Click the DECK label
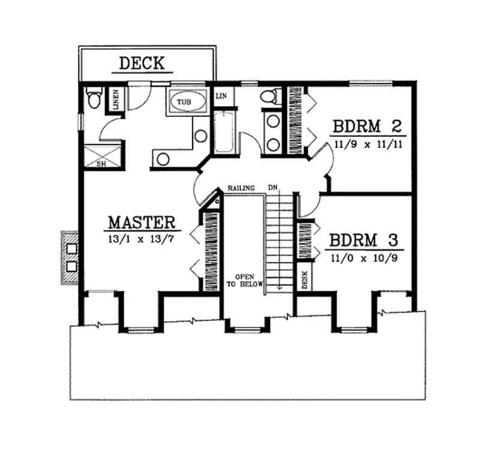(x=142, y=62)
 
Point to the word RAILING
(x=242, y=188)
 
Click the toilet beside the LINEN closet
(x=94, y=98)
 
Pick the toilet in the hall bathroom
(x=269, y=97)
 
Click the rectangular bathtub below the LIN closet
(x=224, y=132)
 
